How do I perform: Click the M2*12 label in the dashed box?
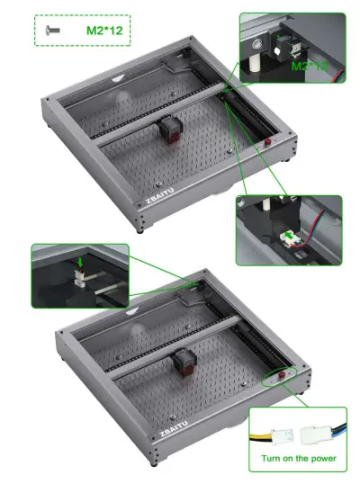tap(103, 30)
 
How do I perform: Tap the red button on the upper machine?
tap(267, 143)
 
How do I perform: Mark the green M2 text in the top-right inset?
tap(306, 66)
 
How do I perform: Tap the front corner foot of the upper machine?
tap(147, 229)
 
